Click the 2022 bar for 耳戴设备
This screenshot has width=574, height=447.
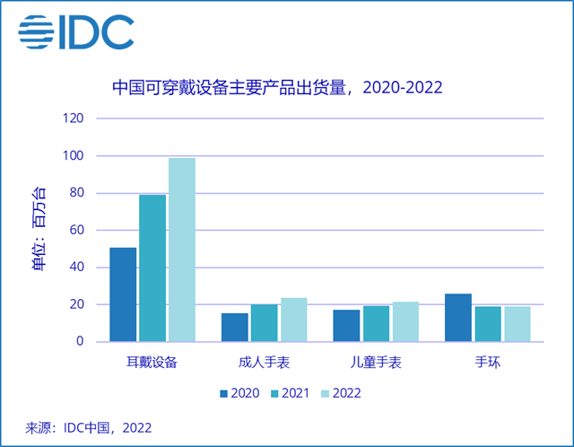(x=182, y=250)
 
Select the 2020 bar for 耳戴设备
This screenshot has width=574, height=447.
(x=123, y=294)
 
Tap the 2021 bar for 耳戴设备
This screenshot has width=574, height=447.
(x=152, y=267)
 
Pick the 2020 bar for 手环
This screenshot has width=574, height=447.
(x=457, y=318)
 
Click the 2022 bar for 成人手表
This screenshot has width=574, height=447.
(x=294, y=320)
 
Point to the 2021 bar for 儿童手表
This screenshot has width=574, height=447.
(x=376, y=323)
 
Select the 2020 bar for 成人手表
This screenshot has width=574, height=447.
(x=235, y=327)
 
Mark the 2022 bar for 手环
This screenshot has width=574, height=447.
(x=517, y=324)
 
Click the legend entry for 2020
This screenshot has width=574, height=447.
(x=238, y=392)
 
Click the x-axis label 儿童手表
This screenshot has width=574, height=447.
(x=376, y=364)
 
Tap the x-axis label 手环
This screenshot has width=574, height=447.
(x=487, y=364)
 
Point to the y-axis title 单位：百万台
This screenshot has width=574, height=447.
(x=39, y=230)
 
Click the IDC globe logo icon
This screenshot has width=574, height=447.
(x=40, y=32)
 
